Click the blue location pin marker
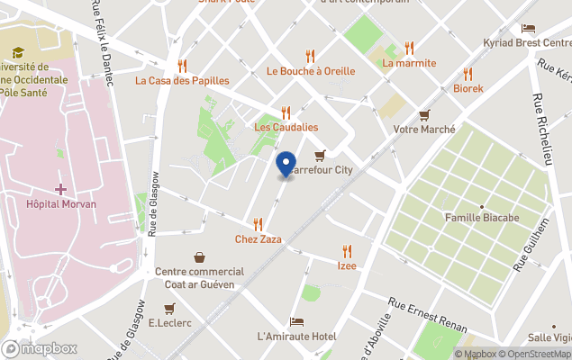[286, 166]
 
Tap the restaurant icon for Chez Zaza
[258, 224]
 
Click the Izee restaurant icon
[347, 251]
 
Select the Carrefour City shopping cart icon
[320, 156]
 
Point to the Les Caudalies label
[286, 127]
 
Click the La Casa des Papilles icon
[182, 65]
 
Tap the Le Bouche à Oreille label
[311, 71]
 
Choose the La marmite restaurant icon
[409, 48]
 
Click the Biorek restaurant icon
[468, 74]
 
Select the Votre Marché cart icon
[424, 114]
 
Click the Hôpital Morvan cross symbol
[60, 189]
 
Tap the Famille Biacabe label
[482, 217]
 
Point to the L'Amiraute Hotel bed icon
[296, 322]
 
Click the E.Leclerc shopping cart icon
[168, 308]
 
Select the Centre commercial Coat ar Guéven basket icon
[199, 257]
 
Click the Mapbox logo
[40, 348]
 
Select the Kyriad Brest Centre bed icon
[528, 29]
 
